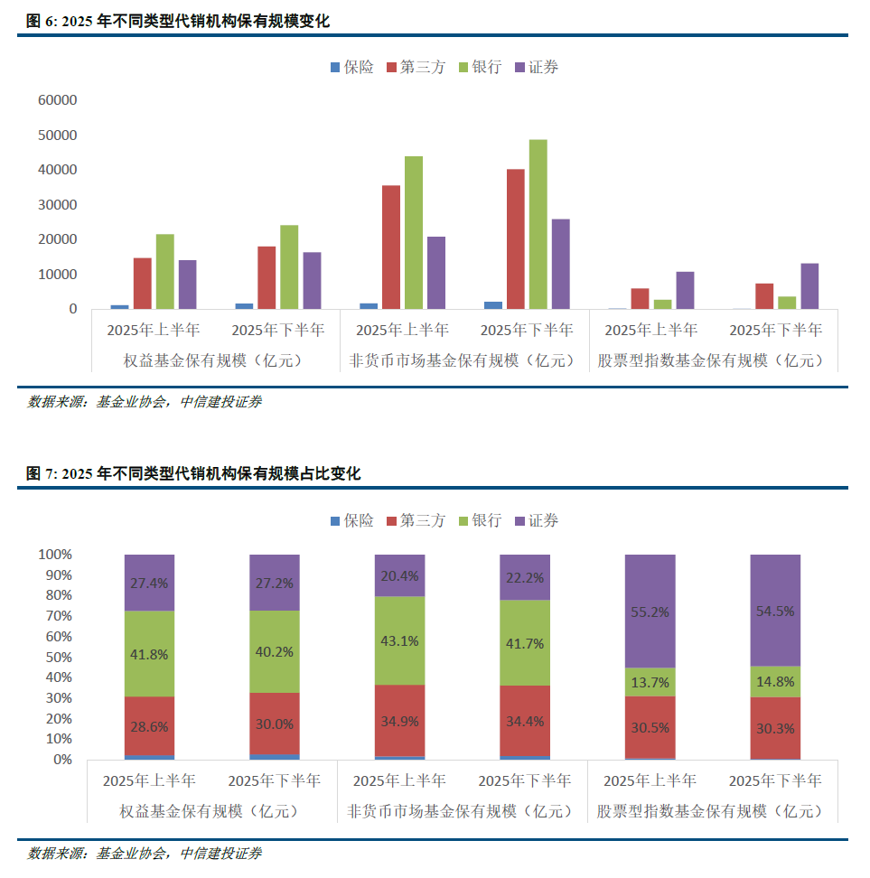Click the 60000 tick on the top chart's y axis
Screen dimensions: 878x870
(58, 100)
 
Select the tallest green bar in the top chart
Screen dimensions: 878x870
(538, 223)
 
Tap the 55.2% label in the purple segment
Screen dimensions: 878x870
(650, 612)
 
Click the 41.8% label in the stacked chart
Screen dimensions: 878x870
(149, 653)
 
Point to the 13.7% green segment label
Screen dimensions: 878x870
(650, 682)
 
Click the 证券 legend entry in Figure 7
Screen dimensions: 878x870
(536, 520)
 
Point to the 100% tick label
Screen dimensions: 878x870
(55, 554)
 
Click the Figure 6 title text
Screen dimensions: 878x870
(177, 21)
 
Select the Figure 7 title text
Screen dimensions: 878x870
(192, 473)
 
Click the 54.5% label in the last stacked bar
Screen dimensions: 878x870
(775, 611)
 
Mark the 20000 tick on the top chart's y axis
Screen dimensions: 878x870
(58, 239)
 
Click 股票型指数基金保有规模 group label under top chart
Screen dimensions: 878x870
(712, 360)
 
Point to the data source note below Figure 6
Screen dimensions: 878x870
(145, 402)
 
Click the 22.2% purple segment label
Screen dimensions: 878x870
(524, 577)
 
